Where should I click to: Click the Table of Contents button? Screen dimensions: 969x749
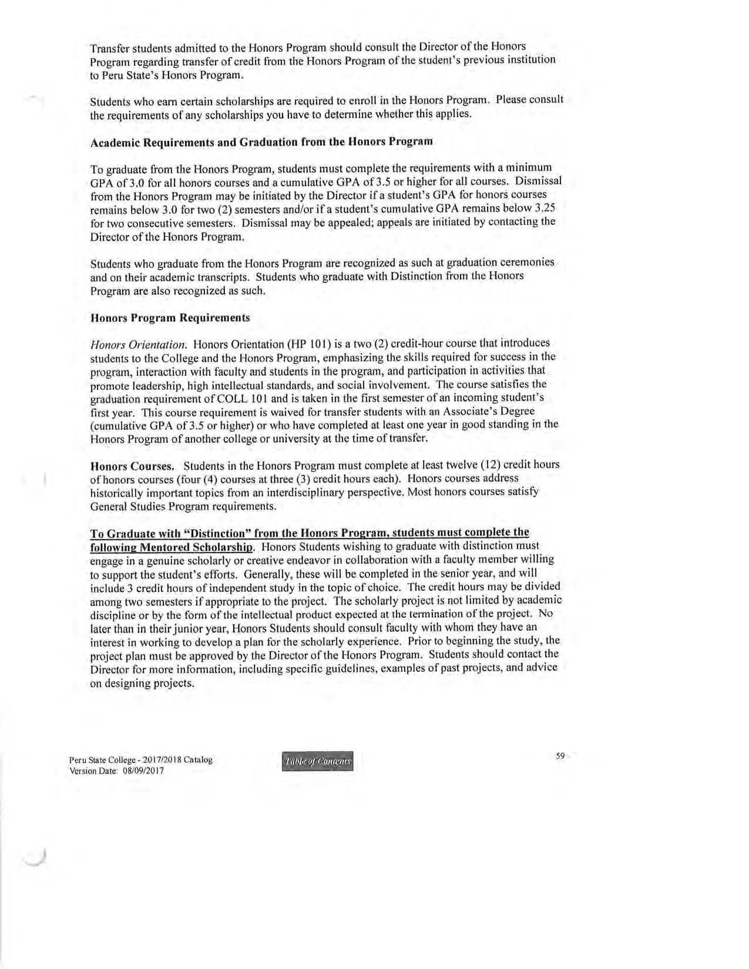click(x=318, y=762)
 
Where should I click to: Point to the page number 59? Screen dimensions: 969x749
click(x=560, y=756)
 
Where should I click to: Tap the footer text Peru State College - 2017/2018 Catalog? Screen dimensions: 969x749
click(x=141, y=759)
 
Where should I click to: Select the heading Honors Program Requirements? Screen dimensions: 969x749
click(x=170, y=318)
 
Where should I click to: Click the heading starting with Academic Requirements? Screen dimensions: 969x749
click(x=261, y=142)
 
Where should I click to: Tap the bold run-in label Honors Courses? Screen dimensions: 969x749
click(x=132, y=466)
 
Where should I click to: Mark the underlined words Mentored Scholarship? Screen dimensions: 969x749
click(x=171, y=547)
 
